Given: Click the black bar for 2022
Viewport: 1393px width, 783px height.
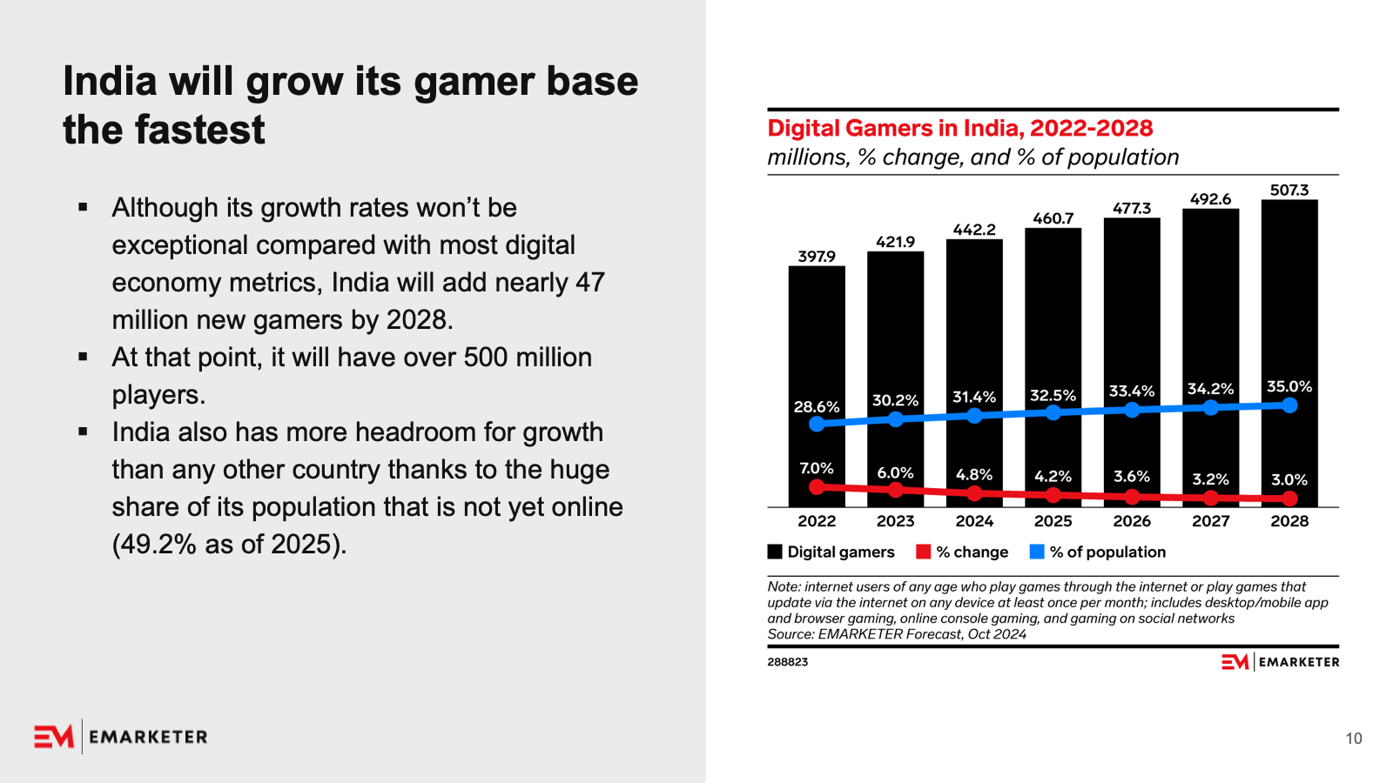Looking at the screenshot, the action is point(817,386).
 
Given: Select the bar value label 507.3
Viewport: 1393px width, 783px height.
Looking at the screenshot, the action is point(1289,191).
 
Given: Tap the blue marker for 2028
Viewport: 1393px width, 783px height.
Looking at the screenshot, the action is point(1289,405).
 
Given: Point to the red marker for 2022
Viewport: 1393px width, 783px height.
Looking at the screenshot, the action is point(818,486).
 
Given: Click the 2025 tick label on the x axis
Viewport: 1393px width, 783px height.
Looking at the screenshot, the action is point(1053,521).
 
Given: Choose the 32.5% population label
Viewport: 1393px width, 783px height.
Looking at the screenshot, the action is point(1053,395).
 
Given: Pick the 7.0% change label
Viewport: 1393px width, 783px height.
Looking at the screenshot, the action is point(817,468).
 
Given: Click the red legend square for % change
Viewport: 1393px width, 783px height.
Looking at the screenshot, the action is point(924,552).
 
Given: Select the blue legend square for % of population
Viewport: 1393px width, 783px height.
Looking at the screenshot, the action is point(1037,552).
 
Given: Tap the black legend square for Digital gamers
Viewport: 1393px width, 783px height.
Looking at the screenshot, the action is point(775,552).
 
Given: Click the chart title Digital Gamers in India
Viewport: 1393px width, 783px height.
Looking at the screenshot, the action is point(960,128).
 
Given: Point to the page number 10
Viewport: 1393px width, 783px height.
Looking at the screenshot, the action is point(1354,739).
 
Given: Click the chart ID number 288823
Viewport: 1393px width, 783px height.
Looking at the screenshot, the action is point(787,662).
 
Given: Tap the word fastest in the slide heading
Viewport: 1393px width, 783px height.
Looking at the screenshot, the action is point(199,130).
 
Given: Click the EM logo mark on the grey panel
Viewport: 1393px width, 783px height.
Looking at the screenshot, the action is point(54,737).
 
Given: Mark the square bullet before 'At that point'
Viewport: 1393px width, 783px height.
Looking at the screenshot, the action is point(83,357).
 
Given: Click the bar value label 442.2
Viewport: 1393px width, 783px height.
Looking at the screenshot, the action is point(974,230).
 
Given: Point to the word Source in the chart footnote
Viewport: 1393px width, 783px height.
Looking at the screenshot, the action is point(791,634).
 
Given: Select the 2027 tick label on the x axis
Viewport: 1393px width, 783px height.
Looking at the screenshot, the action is point(1210,521).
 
